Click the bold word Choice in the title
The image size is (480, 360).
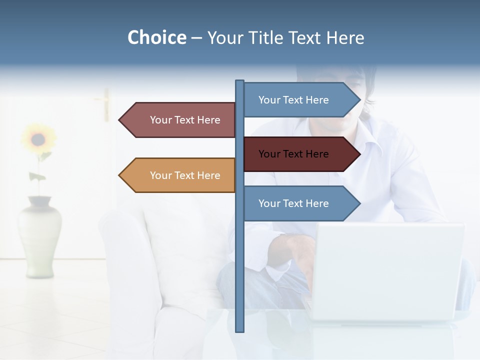[x=156, y=37]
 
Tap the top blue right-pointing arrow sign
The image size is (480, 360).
[x=300, y=100]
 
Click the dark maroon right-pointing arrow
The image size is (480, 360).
[x=300, y=154]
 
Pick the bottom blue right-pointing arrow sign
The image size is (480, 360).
[x=300, y=203]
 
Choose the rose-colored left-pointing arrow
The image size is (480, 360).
[x=180, y=120]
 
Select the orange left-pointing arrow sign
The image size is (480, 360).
[x=180, y=175]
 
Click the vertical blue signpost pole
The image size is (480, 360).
[x=239, y=250]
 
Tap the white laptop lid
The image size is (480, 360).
[x=387, y=270]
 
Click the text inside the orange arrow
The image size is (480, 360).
[x=185, y=175]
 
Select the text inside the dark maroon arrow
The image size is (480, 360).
[x=293, y=154]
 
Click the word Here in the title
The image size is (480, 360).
[x=345, y=37]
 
